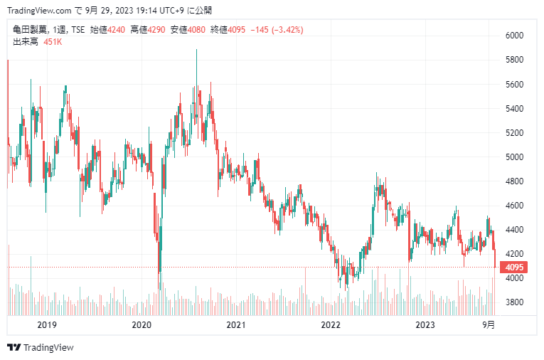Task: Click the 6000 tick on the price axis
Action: [514, 36]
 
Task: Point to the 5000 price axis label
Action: [514, 157]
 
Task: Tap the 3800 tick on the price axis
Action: [514, 302]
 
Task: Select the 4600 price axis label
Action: [514, 206]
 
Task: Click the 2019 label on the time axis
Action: [46, 325]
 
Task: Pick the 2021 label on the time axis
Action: [236, 325]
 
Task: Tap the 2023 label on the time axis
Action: [425, 325]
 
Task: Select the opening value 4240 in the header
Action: [117, 31]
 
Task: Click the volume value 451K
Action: [53, 42]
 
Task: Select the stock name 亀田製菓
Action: [29, 31]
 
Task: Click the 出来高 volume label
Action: [26, 42]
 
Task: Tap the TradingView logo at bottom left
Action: [41, 348]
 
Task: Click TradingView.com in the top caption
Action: [38, 10]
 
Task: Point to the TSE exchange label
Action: [78, 31]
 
